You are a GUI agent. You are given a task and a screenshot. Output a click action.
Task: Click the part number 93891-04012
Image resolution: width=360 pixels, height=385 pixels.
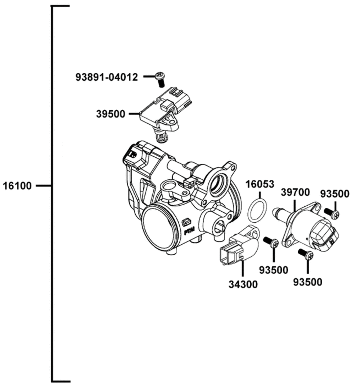click(107, 77)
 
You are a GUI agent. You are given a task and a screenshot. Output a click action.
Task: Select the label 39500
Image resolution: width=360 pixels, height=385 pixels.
click(111, 114)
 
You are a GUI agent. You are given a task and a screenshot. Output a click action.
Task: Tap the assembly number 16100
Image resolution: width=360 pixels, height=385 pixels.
click(17, 186)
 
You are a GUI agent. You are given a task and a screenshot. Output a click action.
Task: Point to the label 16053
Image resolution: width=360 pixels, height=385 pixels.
click(260, 185)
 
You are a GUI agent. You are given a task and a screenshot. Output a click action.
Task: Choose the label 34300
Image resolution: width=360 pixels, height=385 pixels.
click(243, 284)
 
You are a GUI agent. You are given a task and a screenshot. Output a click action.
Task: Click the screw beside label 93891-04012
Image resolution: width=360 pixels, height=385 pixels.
click(160, 78)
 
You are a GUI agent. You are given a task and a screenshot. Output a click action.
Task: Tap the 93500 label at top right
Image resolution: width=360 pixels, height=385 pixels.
click(335, 194)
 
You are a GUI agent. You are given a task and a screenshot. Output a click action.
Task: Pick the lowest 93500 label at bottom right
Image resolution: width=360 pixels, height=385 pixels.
click(307, 282)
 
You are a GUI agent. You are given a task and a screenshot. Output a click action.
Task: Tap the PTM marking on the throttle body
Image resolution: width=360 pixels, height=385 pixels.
click(189, 232)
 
